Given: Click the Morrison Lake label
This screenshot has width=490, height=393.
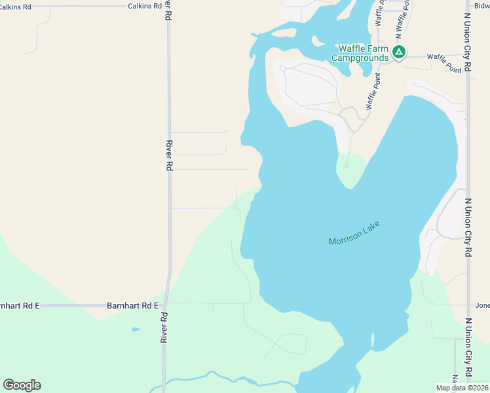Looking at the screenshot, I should pos(354,233).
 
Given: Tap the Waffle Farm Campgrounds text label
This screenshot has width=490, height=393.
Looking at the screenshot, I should pos(360,53).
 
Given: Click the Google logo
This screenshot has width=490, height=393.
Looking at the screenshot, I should pos(22,385).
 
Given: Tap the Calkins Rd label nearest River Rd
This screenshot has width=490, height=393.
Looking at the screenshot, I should pos(145,6).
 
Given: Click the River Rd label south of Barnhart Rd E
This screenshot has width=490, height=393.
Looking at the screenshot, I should pos(164,327).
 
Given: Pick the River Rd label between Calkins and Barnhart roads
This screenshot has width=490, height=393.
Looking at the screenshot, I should pos(169,156).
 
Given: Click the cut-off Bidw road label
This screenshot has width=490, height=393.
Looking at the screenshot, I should pos(481,6).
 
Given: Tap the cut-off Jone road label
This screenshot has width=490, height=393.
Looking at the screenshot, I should pos(482,305).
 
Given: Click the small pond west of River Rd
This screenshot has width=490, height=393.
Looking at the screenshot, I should pos(135,329).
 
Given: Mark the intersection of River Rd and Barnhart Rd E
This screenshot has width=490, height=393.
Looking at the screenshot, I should pos(166,305).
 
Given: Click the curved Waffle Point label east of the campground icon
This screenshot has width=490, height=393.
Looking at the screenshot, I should pos(443,64).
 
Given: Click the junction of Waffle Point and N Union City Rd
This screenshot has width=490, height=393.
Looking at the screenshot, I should pos(468,57).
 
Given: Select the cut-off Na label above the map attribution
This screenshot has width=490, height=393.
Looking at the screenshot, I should pos(455,379).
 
